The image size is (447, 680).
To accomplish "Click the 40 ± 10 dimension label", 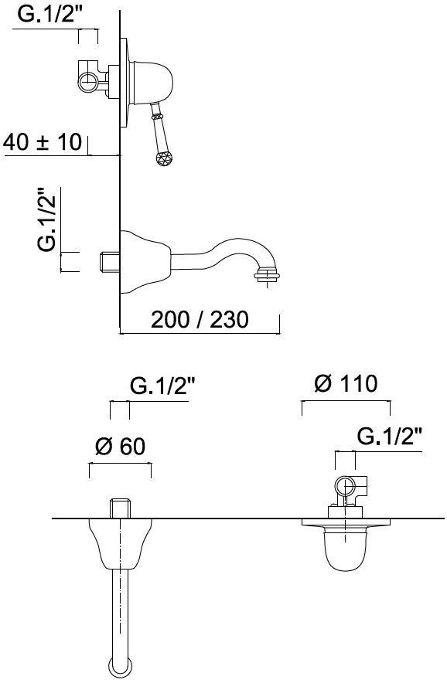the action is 43,142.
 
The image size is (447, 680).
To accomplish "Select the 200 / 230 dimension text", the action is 200,320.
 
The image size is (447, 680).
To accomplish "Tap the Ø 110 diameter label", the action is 346,384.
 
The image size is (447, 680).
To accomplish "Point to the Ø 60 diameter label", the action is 120,447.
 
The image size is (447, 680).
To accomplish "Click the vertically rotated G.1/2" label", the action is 47,219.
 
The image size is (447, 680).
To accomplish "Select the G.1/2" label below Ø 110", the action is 389,437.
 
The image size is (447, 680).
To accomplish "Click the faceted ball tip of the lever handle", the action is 164,158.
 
